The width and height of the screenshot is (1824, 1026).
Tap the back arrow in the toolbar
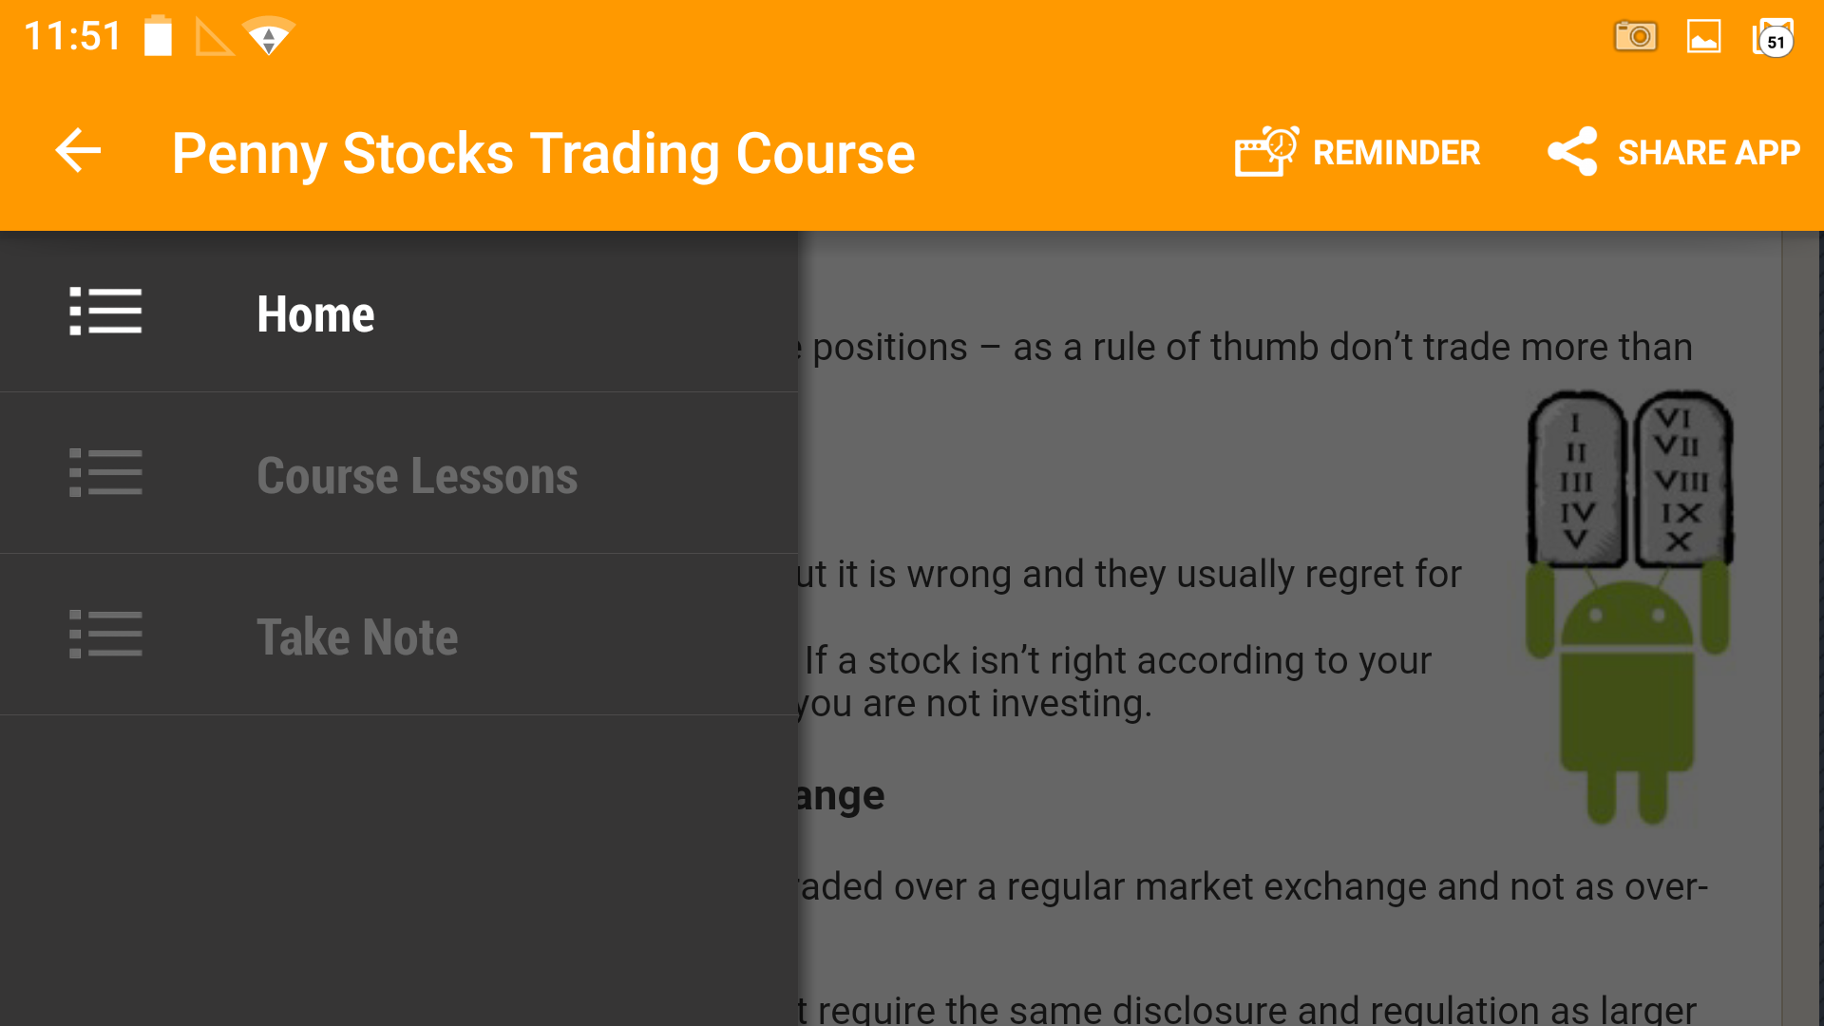78,151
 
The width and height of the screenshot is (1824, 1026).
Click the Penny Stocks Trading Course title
543,153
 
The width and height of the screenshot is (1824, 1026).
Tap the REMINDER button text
1396,153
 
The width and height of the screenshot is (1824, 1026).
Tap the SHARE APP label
1708,153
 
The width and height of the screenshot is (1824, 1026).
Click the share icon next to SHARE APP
1572,152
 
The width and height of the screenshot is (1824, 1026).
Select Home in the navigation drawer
315,313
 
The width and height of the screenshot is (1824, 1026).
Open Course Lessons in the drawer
416,475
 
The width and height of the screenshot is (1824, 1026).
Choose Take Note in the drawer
357,636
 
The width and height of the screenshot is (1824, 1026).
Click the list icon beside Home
105,312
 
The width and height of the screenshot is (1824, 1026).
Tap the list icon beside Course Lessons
105,473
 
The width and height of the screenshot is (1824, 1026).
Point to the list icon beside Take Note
105,635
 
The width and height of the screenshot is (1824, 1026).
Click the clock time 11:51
72,37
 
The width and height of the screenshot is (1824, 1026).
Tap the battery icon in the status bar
159,37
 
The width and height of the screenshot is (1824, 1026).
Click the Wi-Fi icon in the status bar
269,37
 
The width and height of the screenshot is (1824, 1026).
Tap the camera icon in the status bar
1635,37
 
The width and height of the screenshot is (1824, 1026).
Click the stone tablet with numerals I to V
1576,480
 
